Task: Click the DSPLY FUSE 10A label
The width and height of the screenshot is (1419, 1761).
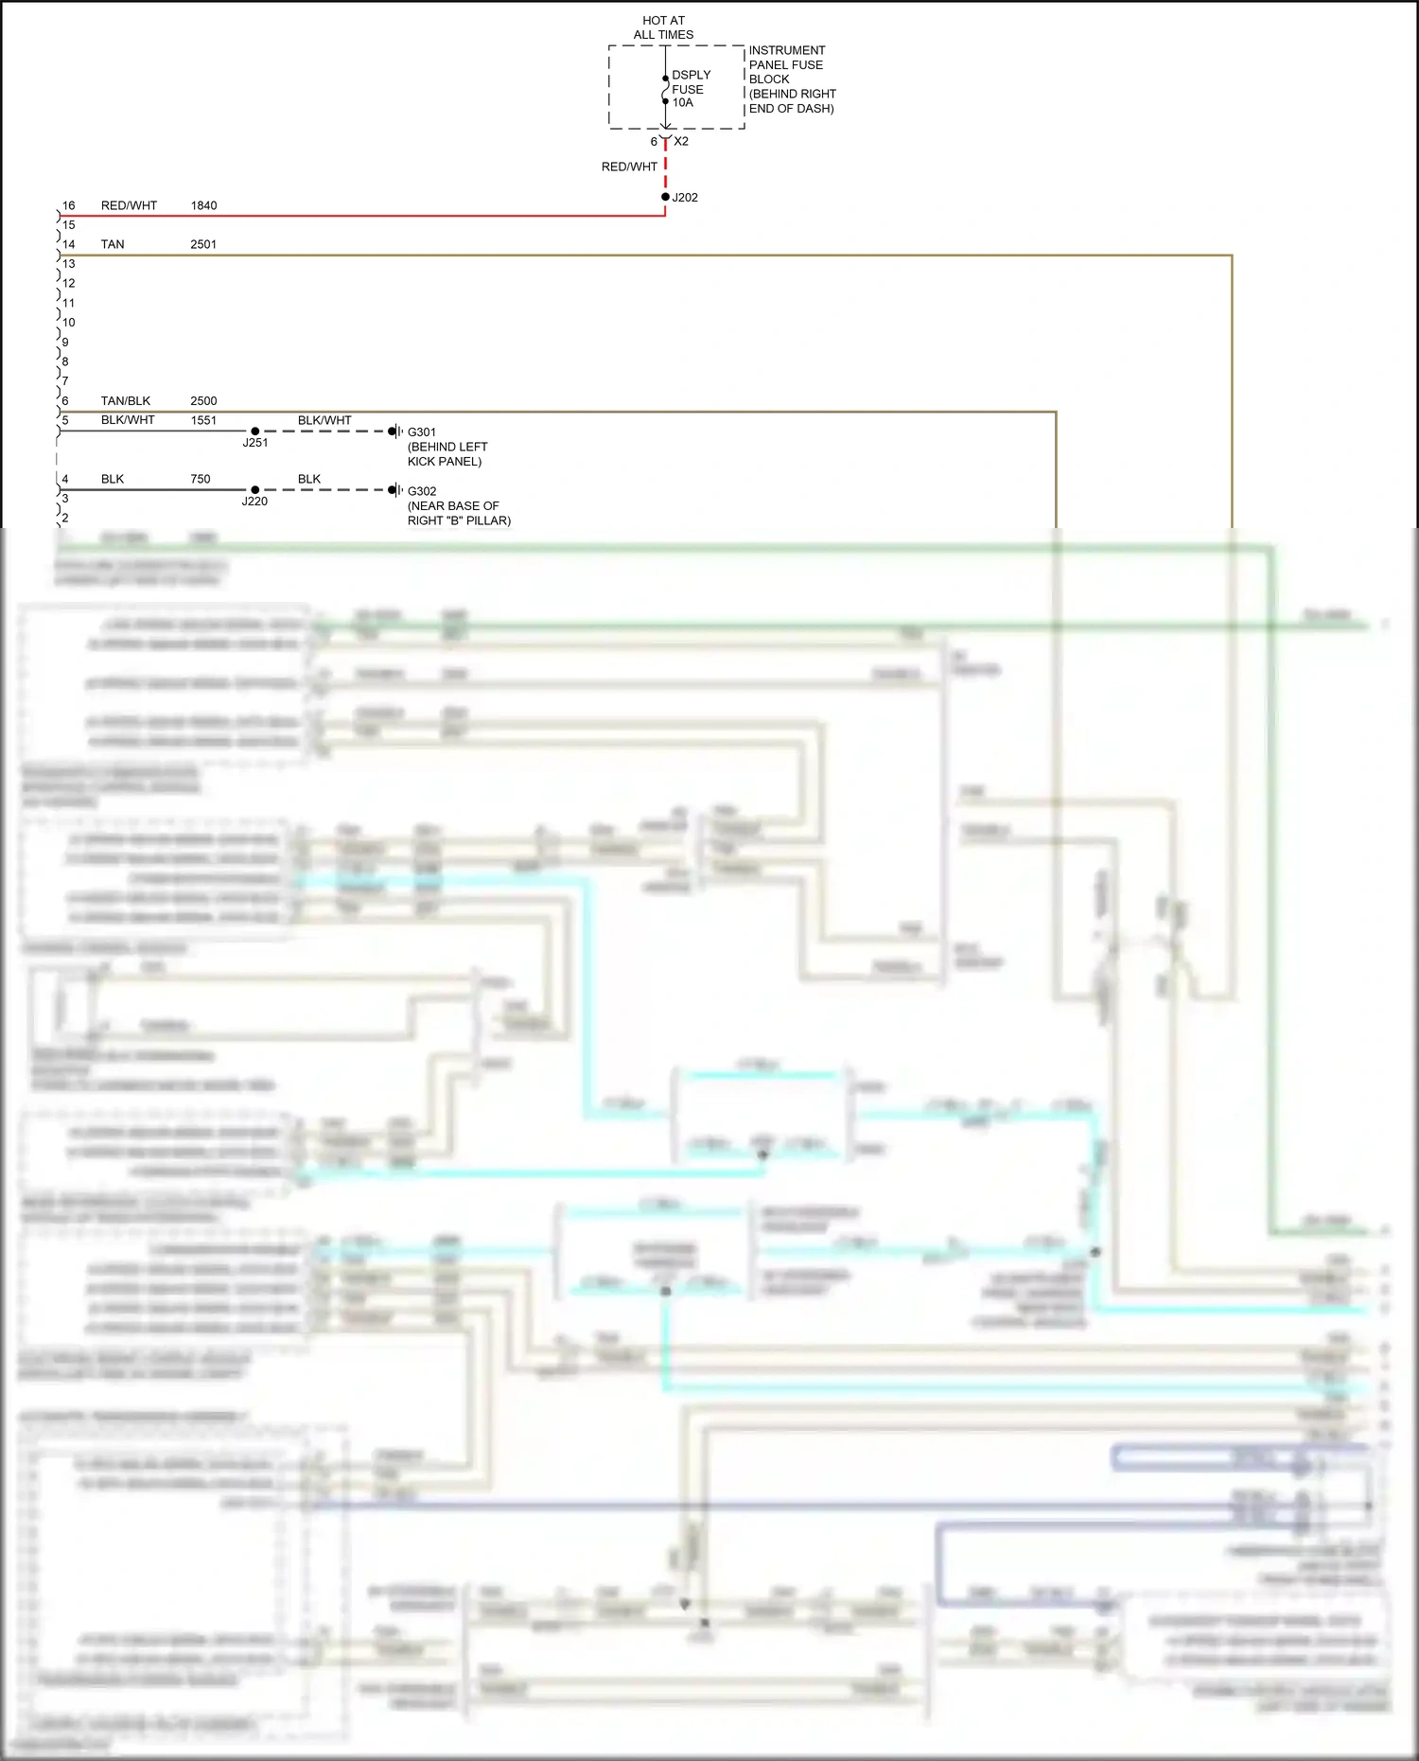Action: point(690,89)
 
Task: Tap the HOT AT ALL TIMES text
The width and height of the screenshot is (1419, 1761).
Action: point(663,27)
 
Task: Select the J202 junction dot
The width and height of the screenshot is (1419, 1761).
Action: point(665,197)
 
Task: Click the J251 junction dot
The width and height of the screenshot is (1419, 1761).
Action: point(254,431)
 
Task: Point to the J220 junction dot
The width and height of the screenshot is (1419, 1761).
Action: point(254,490)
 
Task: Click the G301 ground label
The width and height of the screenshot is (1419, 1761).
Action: point(422,432)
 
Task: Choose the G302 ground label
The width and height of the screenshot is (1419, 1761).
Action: point(422,491)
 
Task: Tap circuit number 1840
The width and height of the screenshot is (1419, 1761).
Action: point(203,205)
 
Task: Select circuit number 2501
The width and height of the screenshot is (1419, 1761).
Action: point(203,244)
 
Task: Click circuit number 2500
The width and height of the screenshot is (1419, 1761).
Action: point(203,401)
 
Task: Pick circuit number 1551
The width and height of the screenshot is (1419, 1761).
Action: point(203,420)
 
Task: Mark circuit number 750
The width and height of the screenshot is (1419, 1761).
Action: point(201,479)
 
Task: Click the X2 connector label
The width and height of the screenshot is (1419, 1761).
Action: point(681,142)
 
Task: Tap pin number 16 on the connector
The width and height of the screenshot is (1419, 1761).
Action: point(69,205)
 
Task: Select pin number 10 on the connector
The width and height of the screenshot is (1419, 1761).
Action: point(69,323)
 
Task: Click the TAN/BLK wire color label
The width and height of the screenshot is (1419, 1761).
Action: point(126,401)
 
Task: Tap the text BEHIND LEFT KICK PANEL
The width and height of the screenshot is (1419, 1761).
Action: point(447,454)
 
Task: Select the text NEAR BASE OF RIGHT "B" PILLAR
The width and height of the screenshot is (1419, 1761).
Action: point(459,514)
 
